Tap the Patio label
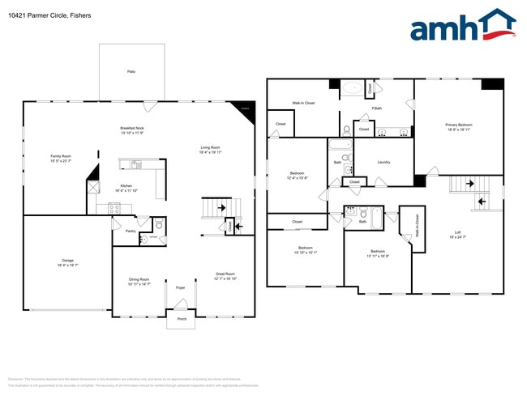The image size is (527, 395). [x=131, y=72]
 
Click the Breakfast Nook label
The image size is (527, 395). [x=132, y=130]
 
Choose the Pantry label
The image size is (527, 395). [x=131, y=230]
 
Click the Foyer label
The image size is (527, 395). [x=180, y=287]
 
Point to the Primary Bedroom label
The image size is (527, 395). [x=459, y=125]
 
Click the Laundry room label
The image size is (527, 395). [x=383, y=162]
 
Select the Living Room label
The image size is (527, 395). [x=212, y=149]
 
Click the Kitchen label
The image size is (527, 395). [x=126, y=187]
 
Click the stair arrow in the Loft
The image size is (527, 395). [x=481, y=202]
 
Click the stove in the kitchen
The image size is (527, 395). [x=114, y=208]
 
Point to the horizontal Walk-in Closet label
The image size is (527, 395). [x=304, y=104]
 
